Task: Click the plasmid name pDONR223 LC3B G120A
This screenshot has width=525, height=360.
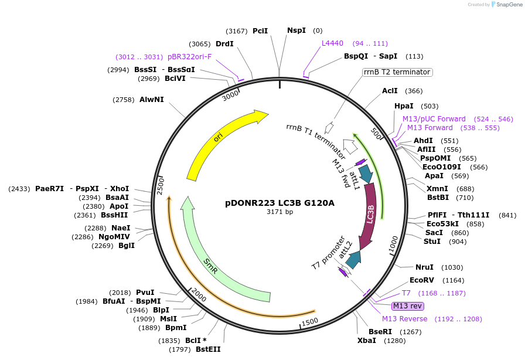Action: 280,203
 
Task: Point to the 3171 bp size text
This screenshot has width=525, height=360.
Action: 280,212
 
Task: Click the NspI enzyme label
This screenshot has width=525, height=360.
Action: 296,30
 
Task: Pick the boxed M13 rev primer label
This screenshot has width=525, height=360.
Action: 407,305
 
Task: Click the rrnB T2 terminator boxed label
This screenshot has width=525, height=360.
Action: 397,72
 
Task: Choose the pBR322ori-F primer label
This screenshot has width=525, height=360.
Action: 189,57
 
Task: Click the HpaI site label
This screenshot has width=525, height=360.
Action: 404,106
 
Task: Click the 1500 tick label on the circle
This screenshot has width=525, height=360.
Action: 309,321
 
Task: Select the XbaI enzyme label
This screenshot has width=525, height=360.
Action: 367,340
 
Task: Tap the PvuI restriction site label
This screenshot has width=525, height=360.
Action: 145,292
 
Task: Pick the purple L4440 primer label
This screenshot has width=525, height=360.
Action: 334,43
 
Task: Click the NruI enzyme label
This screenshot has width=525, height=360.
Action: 424,267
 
